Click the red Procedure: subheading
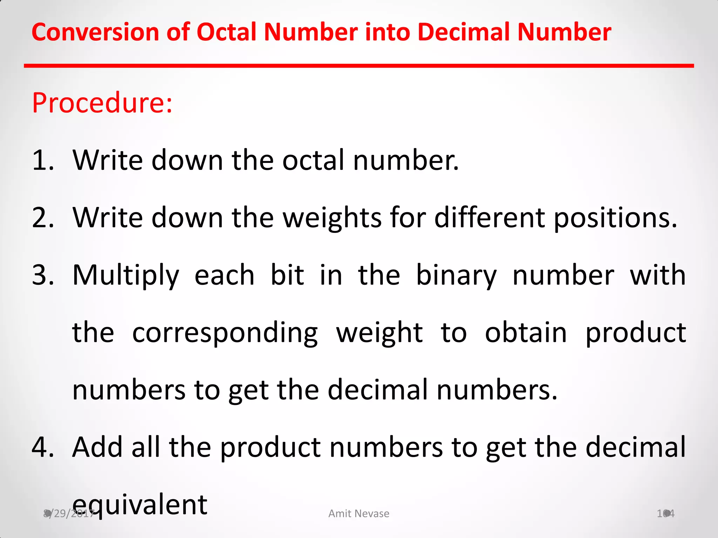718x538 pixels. pyautogui.click(x=102, y=103)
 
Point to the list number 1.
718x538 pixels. pyautogui.click(x=43, y=160)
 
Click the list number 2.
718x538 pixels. pyautogui.click(x=43, y=218)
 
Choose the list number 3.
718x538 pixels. pyautogui.click(x=43, y=275)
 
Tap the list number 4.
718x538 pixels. pyautogui.click(x=43, y=447)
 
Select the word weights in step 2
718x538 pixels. pyautogui.click(x=332, y=218)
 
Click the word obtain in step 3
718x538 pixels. pyautogui.click(x=526, y=333)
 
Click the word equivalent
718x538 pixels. pyautogui.click(x=140, y=505)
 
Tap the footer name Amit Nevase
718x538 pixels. pyautogui.click(x=359, y=513)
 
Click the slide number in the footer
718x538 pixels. pyautogui.click(x=665, y=513)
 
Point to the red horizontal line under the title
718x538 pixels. pyautogui.click(x=359, y=66)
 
